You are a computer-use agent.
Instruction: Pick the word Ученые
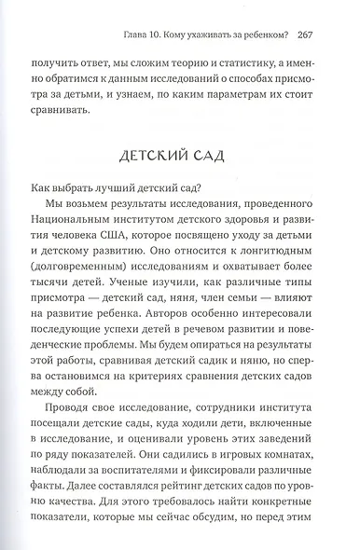tap(147, 307)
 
